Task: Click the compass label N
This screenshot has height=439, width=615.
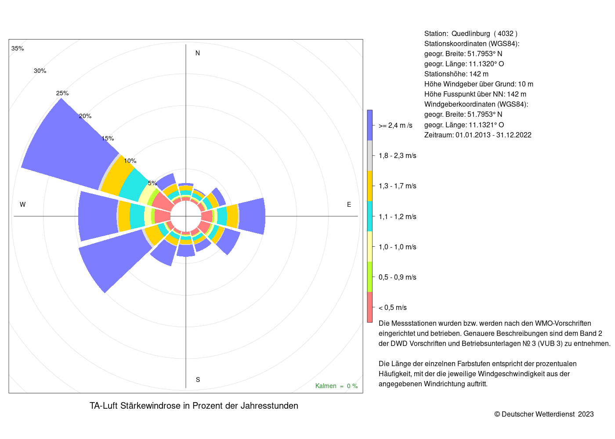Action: (x=197, y=53)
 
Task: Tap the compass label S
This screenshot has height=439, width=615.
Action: (x=198, y=380)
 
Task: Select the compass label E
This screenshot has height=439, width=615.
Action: (x=349, y=205)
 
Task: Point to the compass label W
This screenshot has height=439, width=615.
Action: (x=22, y=205)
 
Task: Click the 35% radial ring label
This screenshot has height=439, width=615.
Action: (x=18, y=49)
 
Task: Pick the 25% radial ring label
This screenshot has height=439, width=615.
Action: (x=62, y=93)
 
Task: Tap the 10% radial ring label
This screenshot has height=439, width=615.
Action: (x=130, y=161)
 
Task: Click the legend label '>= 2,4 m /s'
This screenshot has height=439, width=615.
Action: (x=395, y=126)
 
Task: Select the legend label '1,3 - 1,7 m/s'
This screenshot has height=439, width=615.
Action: (x=397, y=186)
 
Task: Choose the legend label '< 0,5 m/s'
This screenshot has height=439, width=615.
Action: (x=392, y=308)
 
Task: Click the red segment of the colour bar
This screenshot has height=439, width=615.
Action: (x=370, y=307)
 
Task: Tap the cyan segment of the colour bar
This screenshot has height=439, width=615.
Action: (x=370, y=216)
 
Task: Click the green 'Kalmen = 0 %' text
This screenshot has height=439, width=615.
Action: (x=336, y=386)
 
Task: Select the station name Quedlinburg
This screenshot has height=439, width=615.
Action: (x=470, y=33)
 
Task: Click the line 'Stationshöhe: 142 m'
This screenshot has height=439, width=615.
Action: (x=456, y=74)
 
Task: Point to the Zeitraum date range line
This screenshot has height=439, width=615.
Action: (x=478, y=135)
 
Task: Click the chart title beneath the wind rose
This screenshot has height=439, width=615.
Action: (x=194, y=406)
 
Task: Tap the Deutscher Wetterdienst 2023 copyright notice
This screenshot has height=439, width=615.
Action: (x=544, y=414)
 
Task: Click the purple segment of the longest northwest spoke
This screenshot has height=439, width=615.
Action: (x=69, y=145)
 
